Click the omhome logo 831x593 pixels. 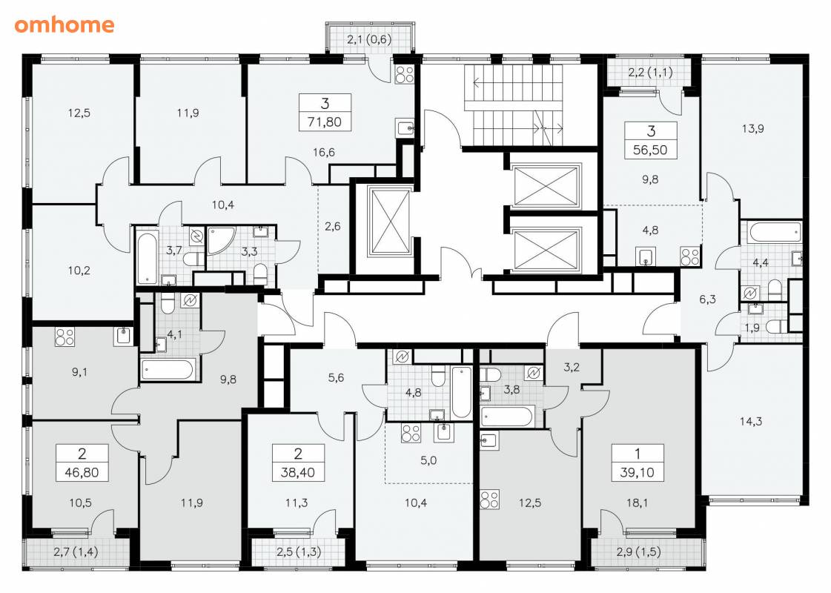click(x=64, y=24)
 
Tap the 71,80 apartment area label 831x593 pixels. click(x=325, y=122)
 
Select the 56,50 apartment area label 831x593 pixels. click(x=650, y=150)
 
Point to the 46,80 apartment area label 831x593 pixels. click(x=82, y=472)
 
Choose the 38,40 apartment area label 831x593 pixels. click(x=298, y=472)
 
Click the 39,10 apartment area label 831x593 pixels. click(x=637, y=472)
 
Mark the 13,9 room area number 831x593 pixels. click(x=752, y=129)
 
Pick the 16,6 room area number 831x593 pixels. click(x=324, y=153)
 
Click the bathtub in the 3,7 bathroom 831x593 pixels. click(x=147, y=257)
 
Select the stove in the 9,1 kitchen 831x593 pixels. click(x=64, y=337)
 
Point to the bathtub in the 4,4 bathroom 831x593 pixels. click(x=775, y=231)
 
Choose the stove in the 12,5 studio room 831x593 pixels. click(x=489, y=499)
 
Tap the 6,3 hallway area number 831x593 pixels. click(x=707, y=299)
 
